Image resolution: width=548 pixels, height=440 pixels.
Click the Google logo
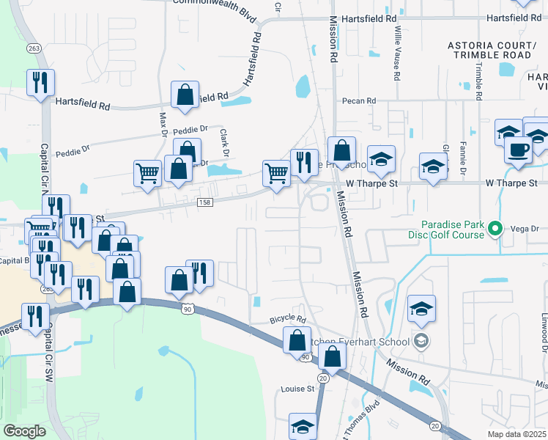click(x=24, y=431)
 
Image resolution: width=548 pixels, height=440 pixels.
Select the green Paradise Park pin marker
click(x=495, y=230)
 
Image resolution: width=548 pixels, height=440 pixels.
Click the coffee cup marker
click(x=519, y=150)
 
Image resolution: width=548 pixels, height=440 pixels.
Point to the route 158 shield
click(x=206, y=202)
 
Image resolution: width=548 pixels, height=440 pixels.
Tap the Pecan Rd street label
click(x=358, y=101)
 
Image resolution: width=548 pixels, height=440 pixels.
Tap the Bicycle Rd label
click(x=286, y=318)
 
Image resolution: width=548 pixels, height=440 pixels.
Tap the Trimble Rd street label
click(x=478, y=81)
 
